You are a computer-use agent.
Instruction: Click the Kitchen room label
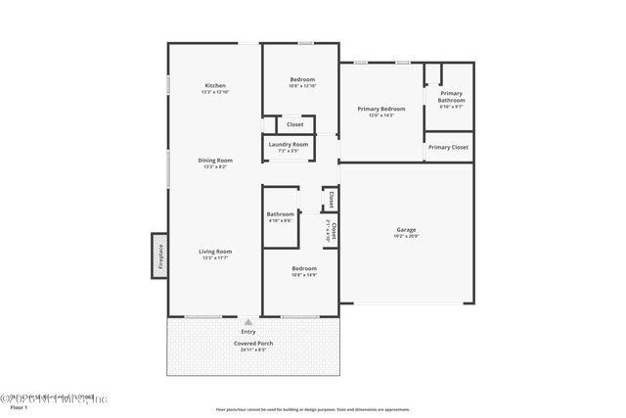[x=214, y=85]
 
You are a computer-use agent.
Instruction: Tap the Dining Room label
[x=214, y=161]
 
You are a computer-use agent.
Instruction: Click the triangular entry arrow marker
[x=248, y=321]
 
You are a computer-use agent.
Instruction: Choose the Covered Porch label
[x=252, y=344]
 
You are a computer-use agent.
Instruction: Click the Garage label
[x=406, y=230]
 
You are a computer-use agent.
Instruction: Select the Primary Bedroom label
[x=380, y=109]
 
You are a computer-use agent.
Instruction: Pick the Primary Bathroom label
[x=451, y=97]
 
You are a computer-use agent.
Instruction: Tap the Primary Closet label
[x=448, y=147]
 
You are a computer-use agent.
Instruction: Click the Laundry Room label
[x=289, y=145]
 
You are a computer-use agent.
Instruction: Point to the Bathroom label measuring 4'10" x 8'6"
[x=281, y=214]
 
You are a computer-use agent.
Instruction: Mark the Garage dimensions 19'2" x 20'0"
[x=406, y=237]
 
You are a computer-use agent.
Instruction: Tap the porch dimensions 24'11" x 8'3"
[x=252, y=350]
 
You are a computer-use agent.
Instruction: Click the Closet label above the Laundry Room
[x=294, y=124]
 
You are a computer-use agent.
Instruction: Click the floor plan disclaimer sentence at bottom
[x=313, y=409]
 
